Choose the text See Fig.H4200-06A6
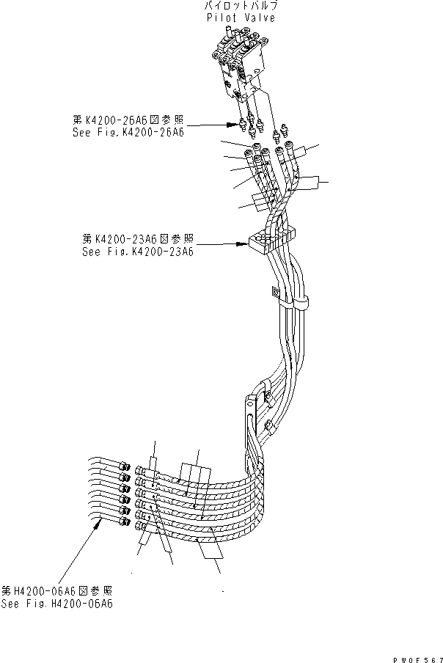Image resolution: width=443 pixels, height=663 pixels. coord(57,604)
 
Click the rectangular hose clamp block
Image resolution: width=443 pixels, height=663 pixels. coord(271,238)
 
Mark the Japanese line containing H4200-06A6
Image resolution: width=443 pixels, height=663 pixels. coord(57,590)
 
